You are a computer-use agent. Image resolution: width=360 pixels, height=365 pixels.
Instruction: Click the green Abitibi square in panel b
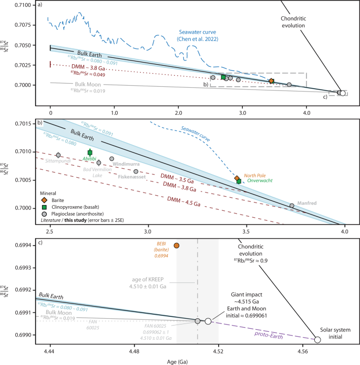[90, 152]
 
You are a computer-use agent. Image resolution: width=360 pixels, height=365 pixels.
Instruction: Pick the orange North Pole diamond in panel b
[237, 179]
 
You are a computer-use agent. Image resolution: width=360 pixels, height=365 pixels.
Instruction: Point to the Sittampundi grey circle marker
[58, 155]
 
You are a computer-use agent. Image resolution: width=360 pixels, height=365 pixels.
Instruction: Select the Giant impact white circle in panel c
[208, 321]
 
